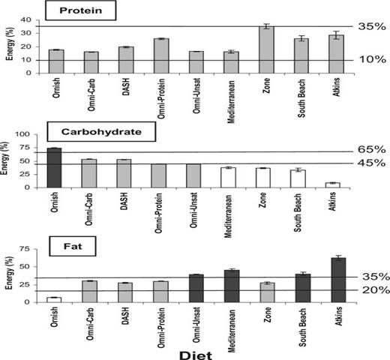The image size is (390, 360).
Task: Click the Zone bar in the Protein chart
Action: coord(266,49)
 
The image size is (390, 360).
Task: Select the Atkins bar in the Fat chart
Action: coord(338,280)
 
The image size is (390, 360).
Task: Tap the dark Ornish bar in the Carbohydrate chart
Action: coord(54,168)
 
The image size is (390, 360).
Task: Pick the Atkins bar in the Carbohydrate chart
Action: coord(332,185)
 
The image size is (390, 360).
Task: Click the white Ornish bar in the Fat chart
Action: coord(54,300)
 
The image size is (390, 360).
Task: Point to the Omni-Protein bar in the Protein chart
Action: coord(161,55)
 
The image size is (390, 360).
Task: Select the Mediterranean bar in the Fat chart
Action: coord(232,286)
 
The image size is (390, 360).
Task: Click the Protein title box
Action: coord(80,10)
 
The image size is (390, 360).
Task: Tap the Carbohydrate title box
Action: coord(101,132)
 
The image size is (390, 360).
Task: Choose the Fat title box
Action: coord(73,246)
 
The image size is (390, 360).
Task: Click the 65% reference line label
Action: coord(371,149)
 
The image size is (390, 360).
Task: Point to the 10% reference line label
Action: coord(373,59)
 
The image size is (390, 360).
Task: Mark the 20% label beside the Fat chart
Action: coord(376,290)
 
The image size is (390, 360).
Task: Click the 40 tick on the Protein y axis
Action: coord(25,19)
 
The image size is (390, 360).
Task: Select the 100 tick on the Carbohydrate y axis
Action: coord(22,134)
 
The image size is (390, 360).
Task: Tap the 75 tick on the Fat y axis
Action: coord(24,249)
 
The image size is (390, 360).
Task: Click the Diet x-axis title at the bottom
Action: coord(196,355)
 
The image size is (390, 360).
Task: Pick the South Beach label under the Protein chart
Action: coord(301,98)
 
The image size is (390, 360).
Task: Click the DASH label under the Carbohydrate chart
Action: coord(124,201)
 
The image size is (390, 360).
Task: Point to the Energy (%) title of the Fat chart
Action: coord(9,273)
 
